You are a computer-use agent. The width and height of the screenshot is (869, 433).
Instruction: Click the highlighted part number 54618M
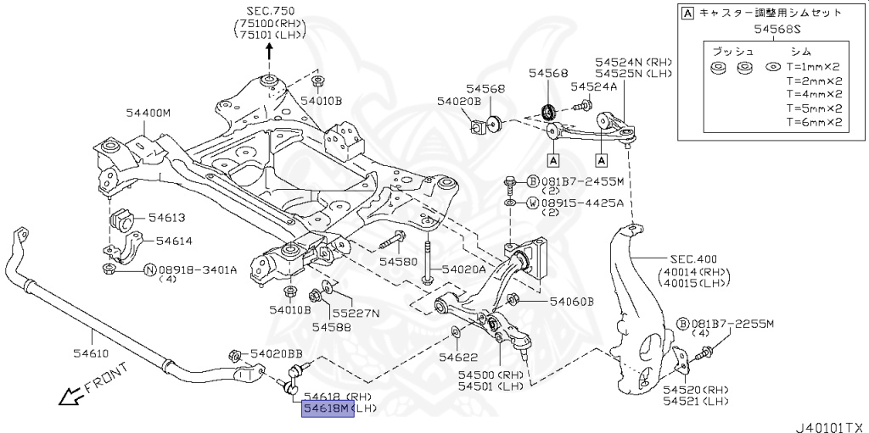click(327, 408)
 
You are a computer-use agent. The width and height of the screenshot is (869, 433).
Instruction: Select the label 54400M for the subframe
click(149, 112)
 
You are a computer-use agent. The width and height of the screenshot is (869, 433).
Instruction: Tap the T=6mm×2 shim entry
click(813, 122)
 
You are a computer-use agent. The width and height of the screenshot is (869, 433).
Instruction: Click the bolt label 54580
click(399, 263)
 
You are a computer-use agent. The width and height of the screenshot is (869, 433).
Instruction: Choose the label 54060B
click(571, 301)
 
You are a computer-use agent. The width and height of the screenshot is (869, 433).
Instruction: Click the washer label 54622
click(458, 358)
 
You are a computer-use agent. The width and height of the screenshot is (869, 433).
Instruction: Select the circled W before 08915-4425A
click(531, 203)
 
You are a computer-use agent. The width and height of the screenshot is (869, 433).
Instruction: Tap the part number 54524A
click(594, 86)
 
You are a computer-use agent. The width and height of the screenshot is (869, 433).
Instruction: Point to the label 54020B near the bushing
click(459, 101)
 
